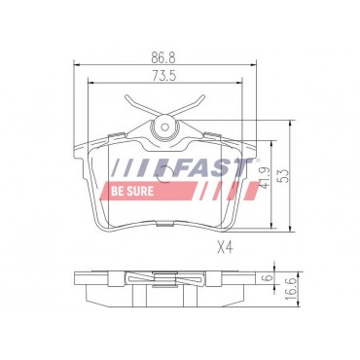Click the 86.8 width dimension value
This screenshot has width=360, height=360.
pos(163,58)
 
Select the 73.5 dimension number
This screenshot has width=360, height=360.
pos(163,76)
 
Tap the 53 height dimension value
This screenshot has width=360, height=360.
pos(284,176)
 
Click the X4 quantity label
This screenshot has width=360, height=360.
pos(226,248)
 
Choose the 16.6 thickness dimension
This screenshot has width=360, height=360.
pos(292,289)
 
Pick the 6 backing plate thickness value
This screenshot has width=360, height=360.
pos(269,278)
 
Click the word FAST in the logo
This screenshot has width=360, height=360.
pos(213,168)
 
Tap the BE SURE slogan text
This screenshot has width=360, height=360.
pos(132,191)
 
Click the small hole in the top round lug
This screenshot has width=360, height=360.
pos(165,126)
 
